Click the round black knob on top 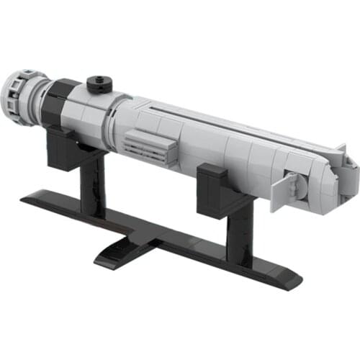tap(99, 85)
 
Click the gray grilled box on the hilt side tap(150, 147)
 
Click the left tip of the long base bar tap(29, 196)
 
